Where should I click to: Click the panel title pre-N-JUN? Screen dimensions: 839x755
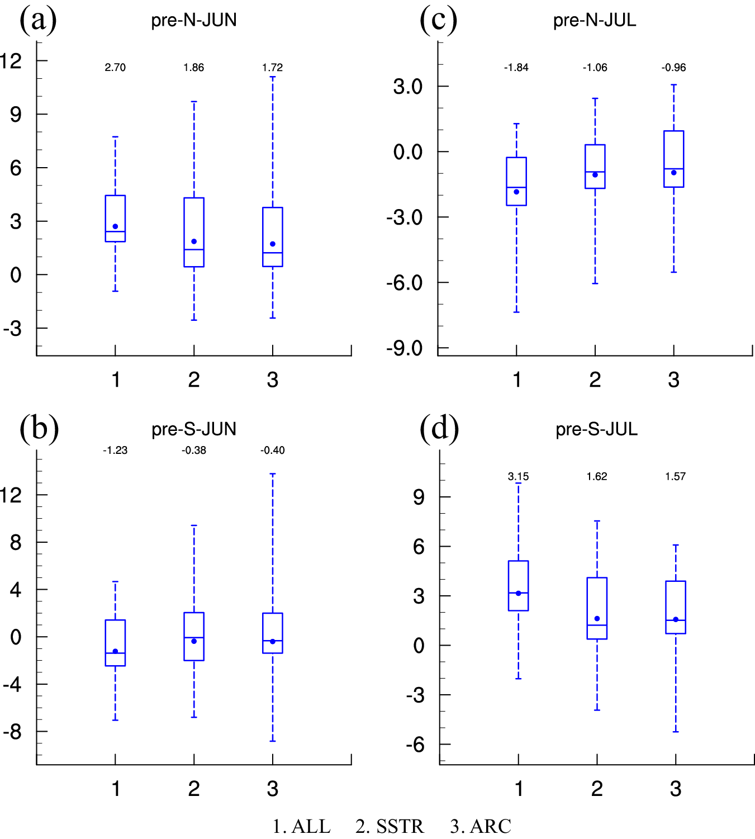pyautogui.click(x=194, y=20)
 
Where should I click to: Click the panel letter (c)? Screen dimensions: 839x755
pyautogui.click(x=438, y=20)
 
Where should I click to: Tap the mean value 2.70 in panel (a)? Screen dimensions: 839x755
pyautogui.click(x=115, y=68)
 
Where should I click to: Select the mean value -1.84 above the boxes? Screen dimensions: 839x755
pyautogui.click(x=516, y=68)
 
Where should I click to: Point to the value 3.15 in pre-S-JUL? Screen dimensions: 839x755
pyautogui.click(x=518, y=477)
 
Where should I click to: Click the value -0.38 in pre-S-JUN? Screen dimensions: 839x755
pyautogui.click(x=194, y=451)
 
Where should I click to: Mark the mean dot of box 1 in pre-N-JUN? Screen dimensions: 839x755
pyautogui.click(x=115, y=226)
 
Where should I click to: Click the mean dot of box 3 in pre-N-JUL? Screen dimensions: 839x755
pyautogui.click(x=673, y=173)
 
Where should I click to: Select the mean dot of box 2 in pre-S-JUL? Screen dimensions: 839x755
pyautogui.click(x=597, y=619)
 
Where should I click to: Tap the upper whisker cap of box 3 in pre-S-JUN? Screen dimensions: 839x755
pyautogui.click(x=273, y=474)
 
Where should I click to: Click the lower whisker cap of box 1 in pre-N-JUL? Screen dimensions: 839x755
pyautogui.click(x=516, y=312)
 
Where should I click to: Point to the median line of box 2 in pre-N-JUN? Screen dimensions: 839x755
pyautogui.click(x=194, y=249)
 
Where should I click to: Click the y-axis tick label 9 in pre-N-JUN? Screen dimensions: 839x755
pyautogui.click(x=16, y=115)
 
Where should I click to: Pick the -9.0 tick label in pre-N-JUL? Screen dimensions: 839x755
pyautogui.click(x=404, y=348)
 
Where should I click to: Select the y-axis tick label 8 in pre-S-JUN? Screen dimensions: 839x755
pyautogui.click(x=16, y=542)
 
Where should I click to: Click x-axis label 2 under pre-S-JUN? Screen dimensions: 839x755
pyautogui.click(x=194, y=789)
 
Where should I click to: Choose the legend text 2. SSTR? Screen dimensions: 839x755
pyautogui.click(x=390, y=826)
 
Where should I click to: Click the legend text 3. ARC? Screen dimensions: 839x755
pyautogui.click(x=481, y=826)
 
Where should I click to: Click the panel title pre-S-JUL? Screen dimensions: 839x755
pyautogui.click(x=596, y=429)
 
